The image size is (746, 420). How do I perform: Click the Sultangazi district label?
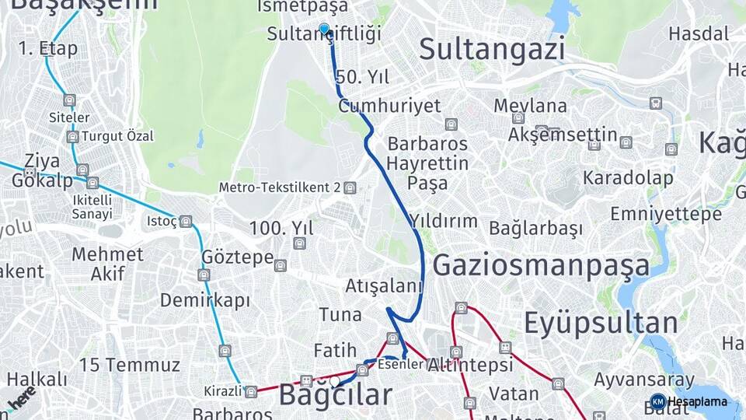[491, 49]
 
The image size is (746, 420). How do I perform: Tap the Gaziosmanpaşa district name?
[541, 265]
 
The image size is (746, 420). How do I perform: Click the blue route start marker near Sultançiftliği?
[324, 29]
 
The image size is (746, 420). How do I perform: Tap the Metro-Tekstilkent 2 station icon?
[350, 187]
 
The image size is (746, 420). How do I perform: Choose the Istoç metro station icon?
[185, 222]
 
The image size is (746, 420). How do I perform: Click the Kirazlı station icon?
[250, 391]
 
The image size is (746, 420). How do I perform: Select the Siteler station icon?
[70, 100]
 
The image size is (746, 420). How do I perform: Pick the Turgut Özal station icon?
[72, 137]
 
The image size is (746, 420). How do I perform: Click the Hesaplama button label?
[697, 402]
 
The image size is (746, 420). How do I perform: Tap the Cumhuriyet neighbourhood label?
[389, 106]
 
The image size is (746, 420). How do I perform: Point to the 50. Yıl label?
[362, 77]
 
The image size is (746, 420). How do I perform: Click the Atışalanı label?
[384, 286]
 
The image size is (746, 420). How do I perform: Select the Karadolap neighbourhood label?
[628, 178]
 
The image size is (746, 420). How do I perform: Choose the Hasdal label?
[699, 33]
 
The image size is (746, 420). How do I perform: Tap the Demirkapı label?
[205, 300]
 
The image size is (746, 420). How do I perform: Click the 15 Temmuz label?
[129, 364]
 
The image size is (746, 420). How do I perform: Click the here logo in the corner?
[21, 397]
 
